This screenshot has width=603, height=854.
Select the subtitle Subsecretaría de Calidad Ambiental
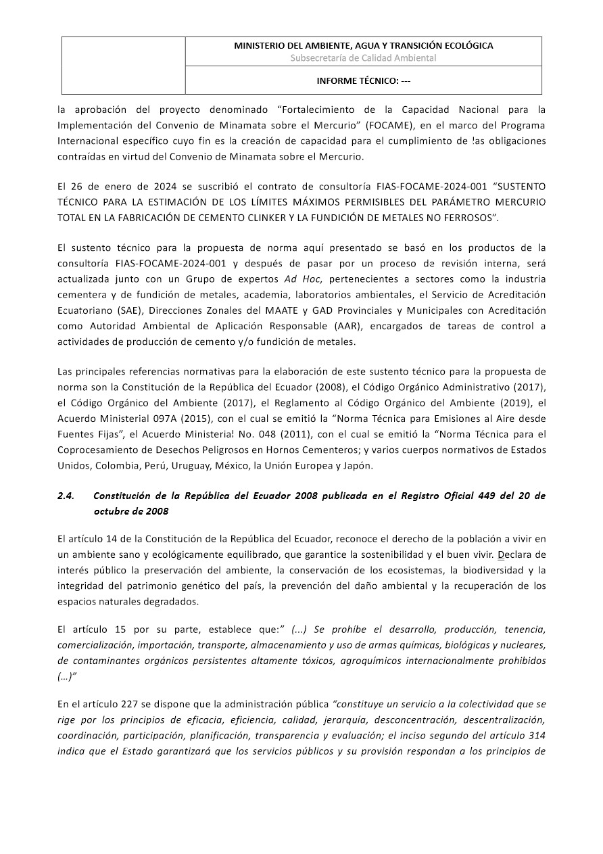click(x=363, y=58)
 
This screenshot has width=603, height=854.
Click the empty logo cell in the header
click(x=124, y=65)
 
